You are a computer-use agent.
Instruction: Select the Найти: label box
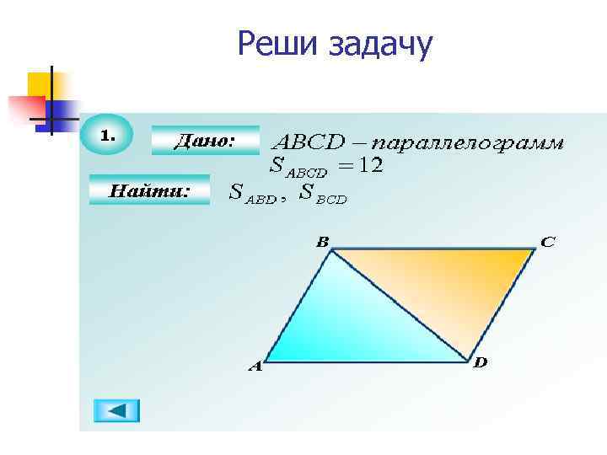coord(148,191)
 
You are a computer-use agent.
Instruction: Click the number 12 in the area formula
coord(370,166)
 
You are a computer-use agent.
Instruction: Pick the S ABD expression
coord(253,194)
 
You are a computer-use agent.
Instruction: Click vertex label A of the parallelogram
coord(255,367)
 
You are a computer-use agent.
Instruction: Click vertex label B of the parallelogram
coord(322,242)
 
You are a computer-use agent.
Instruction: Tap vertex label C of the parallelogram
coord(548,242)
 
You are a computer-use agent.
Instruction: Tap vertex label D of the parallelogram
coord(480,363)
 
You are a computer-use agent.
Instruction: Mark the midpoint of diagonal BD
coord(400,305)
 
